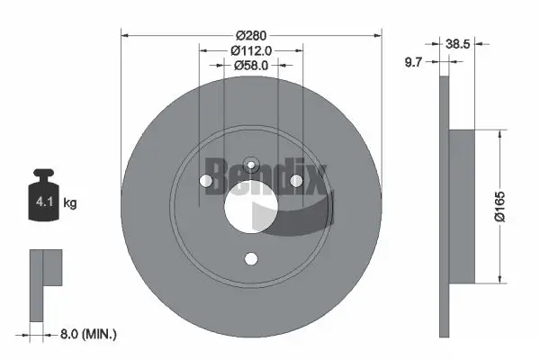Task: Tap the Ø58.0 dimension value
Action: point(252,66)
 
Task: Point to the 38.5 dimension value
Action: point(461,41)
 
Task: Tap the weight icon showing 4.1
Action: point(42,203)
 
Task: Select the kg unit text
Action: point(70,204)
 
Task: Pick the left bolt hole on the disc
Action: point(208,183)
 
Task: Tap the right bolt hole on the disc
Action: point(296,183)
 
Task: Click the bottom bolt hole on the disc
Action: point(252,259)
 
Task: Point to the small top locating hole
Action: point(252,165)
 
